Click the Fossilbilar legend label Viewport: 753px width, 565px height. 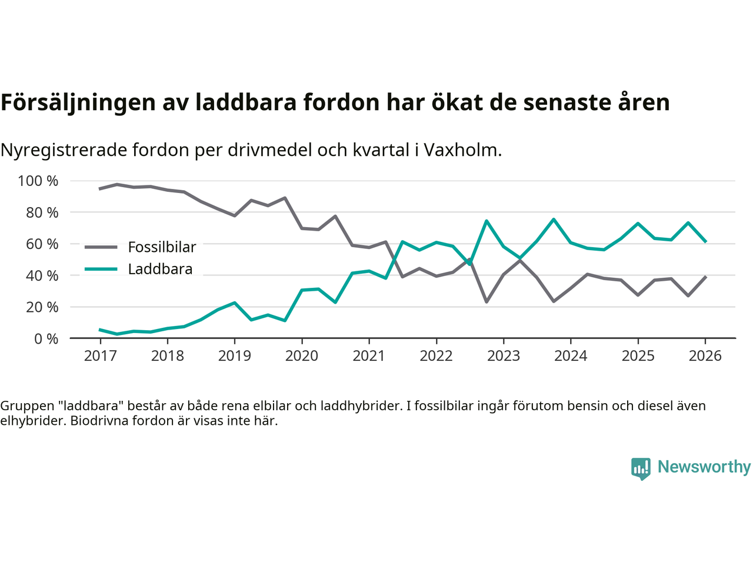tap(162, 247)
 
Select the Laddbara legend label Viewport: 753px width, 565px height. tap(160, 270)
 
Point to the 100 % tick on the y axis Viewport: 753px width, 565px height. tap(38, 181)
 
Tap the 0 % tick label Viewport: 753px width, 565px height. tap(46, 338)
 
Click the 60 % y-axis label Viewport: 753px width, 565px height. tap(42, 244)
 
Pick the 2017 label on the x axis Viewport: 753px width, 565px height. tap(100, 356)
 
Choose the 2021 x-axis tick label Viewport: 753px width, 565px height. tap(369, 356)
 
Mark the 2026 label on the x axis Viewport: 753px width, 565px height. tap(705, 356)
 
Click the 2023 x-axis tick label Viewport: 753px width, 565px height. tap(503, 356)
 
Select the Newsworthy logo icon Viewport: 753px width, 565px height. tap(641, 468)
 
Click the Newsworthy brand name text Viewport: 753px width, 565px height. tap(704, 467)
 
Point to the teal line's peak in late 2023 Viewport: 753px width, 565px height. tap(554, 220)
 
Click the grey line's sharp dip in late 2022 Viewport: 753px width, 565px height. tap(487, 302)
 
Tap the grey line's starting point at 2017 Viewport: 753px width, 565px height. tap(100, 189)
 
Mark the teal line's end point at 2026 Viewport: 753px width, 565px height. tap(705, 241)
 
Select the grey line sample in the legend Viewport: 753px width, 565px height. tap(101, 247)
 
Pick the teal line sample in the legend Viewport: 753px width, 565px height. tap(101, 270)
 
